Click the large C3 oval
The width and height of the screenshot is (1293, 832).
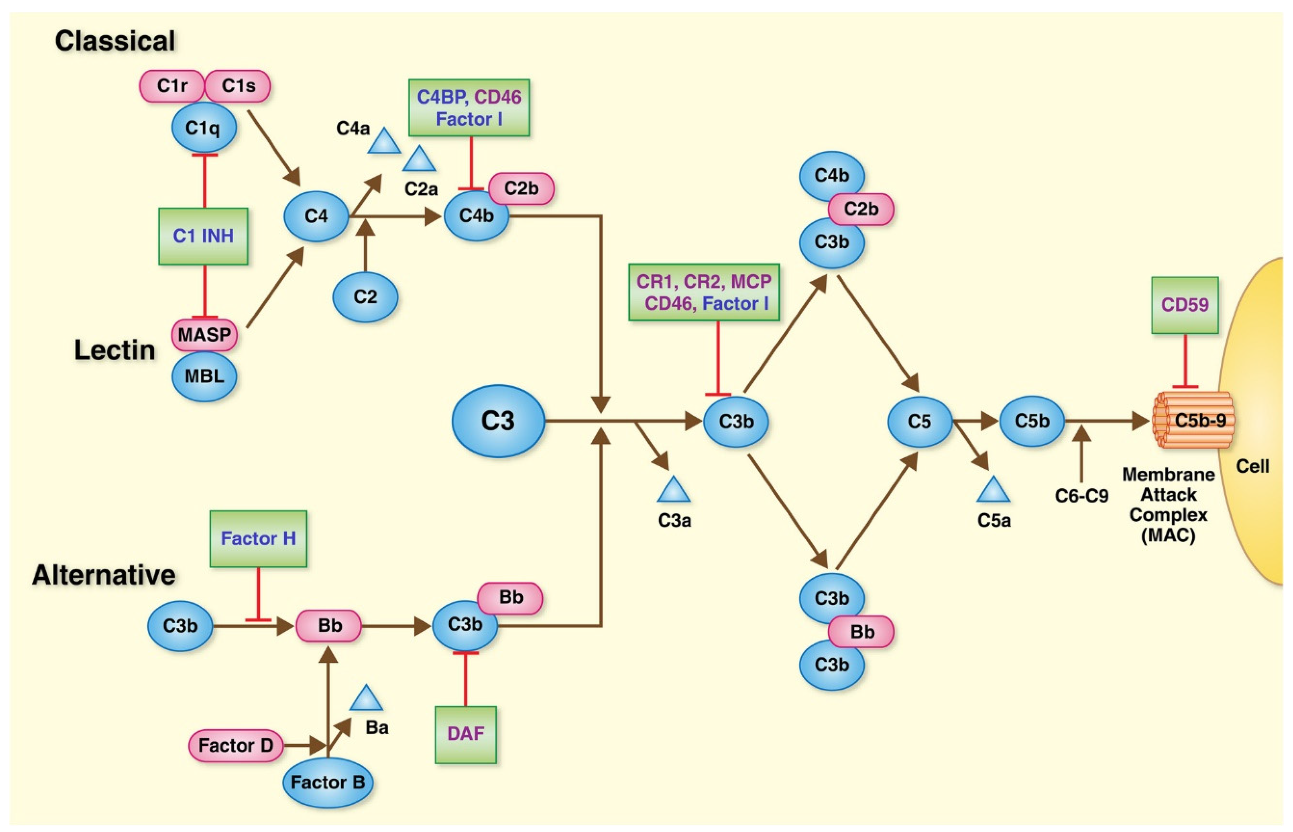click(498, 421)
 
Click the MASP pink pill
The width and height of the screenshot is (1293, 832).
click(204, 335)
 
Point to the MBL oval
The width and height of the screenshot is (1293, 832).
click(204, 376)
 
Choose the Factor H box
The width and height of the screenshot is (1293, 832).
click(258, 539)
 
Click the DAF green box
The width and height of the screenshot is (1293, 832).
click(465, 734)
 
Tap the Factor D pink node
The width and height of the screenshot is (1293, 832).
click(235, 746)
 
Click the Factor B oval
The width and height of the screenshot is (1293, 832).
click(327, 782)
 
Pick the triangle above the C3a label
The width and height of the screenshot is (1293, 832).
click(673, 491)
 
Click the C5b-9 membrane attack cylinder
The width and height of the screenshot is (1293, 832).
click(1193, 420)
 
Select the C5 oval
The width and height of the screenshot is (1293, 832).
click(920, 422)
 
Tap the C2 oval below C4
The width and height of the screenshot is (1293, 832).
click(365, 296)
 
